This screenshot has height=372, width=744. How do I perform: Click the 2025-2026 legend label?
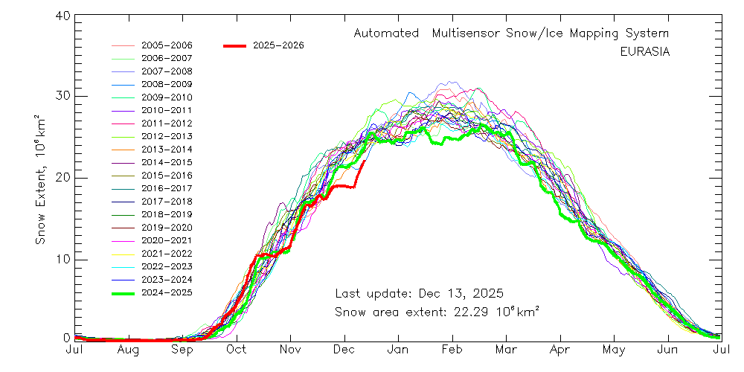[278, 45]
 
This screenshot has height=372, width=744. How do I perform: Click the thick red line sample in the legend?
[234, 45]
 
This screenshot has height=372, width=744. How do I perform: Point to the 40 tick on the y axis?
[61, 16]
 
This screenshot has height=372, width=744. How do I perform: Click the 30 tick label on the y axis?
[61, 96]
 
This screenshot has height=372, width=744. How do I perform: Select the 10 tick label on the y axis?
[61, 259]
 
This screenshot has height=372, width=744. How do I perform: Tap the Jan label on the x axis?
[399, 349]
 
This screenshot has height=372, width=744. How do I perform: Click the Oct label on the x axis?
[237, 349]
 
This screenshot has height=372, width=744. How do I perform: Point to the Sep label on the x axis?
[182, 349]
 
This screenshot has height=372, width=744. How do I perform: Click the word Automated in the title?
[386, 33]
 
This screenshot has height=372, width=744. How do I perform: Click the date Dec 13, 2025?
[463, 292]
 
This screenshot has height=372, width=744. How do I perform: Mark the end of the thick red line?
[364, 161]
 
